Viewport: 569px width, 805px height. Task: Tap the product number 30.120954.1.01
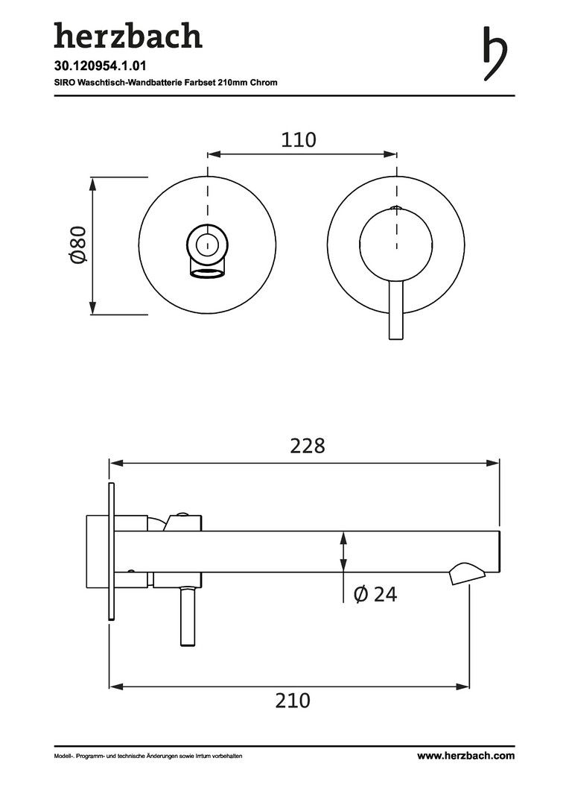tap(93, 66)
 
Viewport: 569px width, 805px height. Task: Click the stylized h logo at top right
tap(495, 54)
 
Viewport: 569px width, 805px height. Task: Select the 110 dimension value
tap(299, 139)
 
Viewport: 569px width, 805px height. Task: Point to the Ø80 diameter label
tap(79, 244)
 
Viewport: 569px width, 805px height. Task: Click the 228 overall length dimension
tap(308, 446)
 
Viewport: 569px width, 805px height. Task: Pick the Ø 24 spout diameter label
tap(375, 594)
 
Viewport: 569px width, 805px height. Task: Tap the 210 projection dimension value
tap(293, 700)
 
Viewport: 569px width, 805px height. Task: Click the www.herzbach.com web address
tap(465, 756)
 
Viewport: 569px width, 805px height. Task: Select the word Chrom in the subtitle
tap(264, 82)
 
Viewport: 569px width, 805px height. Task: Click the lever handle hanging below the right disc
tap(396, 310)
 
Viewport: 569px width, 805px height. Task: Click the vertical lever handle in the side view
tap(188, 616)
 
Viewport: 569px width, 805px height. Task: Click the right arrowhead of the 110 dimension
tap(391, 154)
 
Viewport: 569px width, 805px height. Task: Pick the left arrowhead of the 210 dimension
tap(115, 686)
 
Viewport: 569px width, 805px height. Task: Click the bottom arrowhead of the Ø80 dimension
tap(93, 308)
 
